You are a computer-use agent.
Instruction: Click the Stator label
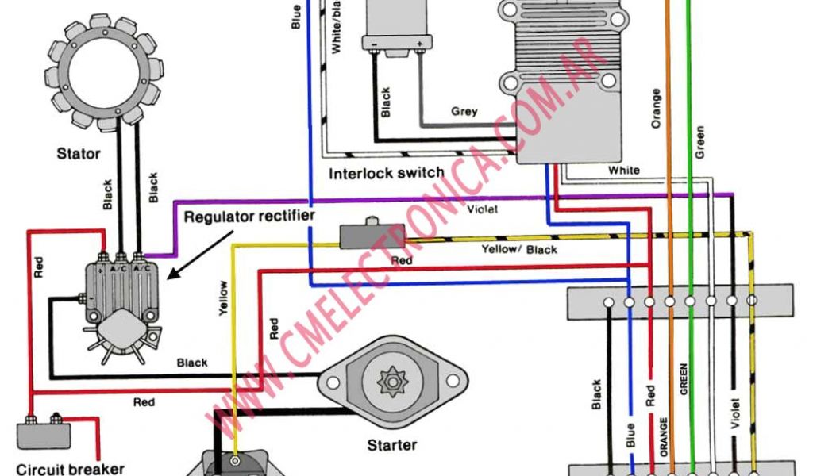(x=78, y=153)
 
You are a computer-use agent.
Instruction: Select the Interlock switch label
(x=387, y=174)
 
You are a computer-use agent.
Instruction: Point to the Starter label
(x=392, y=445)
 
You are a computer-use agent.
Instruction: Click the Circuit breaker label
(x=70, y=468)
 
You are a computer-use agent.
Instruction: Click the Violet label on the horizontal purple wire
(x=483, y=210)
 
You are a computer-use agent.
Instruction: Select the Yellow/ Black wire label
(x=519, y=250)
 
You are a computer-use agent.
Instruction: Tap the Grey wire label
(x=464, y=112)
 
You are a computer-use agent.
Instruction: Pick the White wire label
(x=624, y=171)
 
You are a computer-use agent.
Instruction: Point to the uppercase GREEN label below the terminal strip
(x=683, y=379)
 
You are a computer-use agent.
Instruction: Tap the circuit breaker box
(x=43, y=435)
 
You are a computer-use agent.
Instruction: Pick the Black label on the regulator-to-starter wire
(x=192, y=363)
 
